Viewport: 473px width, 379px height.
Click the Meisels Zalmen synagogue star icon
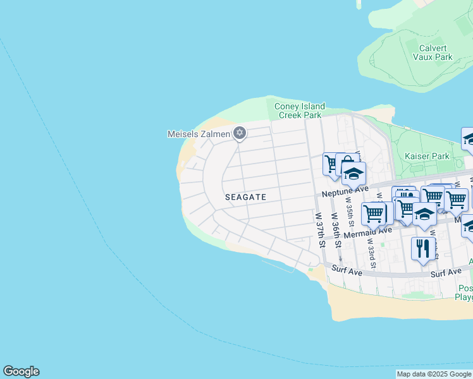pyautogui.click(x=239, y=133)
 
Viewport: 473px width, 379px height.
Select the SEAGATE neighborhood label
pyautogui.click(x=245, y=197)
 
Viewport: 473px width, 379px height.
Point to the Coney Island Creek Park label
pyautogui.click(x=299, y=111)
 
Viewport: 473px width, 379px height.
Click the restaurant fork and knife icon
pyautogui.click(x=423, y=248)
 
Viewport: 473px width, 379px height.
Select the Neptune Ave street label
pyautogui.click(x=345, y=191)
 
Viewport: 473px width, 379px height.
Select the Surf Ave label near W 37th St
pyautogui.click(x=346, y=272)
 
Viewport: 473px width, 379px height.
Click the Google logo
pyautogui.click(x=21, y=371)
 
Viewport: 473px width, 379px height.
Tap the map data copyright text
pyautogui.click(x=434, y=374)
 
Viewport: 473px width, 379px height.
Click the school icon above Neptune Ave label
pyautogui.click(x=354, y=172)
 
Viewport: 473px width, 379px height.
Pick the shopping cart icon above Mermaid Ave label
pyautogui.click(x=374, y=214)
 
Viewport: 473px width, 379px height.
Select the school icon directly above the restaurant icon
pyautogui.click(x=424, y=214)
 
